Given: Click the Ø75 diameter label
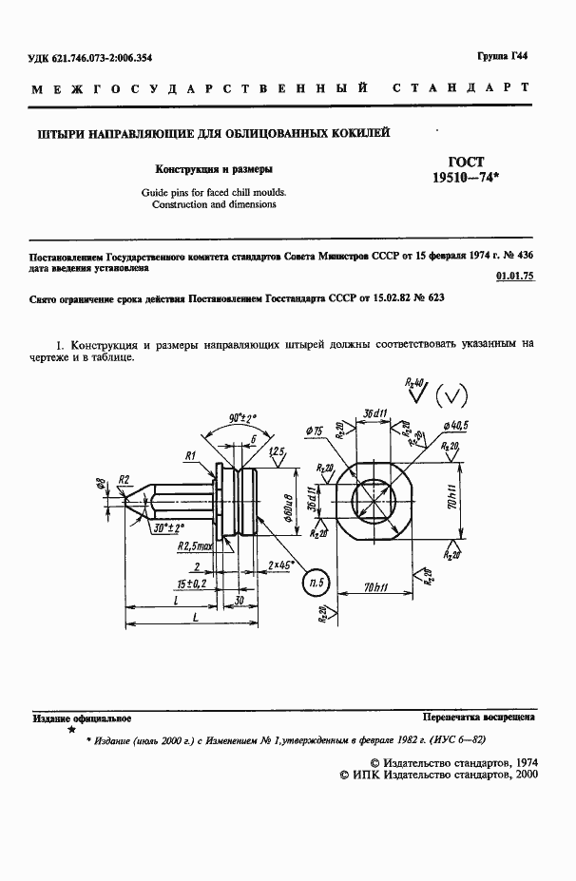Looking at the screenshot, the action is click(315, 432).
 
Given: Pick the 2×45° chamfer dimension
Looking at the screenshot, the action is click(281, 565).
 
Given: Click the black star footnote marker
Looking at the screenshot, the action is click(70, 730).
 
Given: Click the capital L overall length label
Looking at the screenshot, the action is click(195, 619).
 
